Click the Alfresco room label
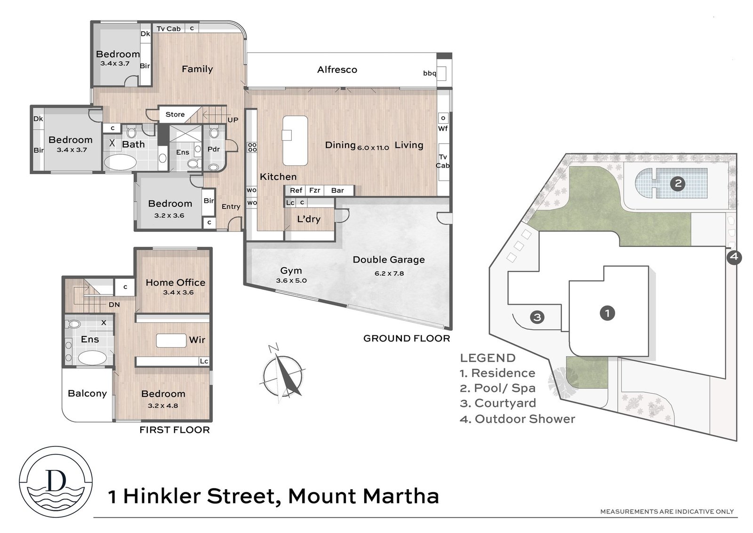(337, 70)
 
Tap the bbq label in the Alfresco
(430, 73)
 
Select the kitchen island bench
(295, 141)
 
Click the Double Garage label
(389, 259)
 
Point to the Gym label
(291, 270)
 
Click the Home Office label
(176, 282)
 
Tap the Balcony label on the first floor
(88, 393)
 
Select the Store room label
(175, 114)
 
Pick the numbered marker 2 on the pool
(678, 183)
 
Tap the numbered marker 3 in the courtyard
(537, 317)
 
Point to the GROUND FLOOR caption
(407, 338)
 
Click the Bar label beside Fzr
(337, 190)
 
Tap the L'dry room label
(309, 219)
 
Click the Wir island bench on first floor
(171, 341)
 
